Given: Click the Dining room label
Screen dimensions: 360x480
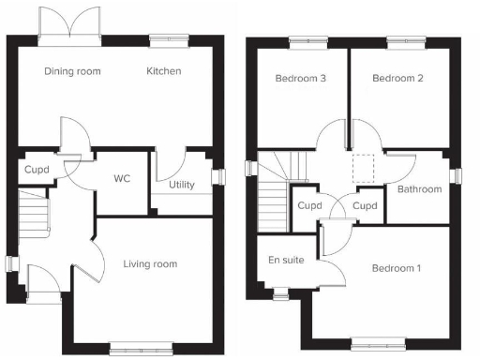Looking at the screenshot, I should click(x=72, y=71).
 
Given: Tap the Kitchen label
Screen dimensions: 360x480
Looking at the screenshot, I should click(x=163, y=71).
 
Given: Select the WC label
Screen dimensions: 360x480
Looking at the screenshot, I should click(x=121, y=177).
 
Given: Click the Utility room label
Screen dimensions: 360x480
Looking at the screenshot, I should click(x=182, y=185).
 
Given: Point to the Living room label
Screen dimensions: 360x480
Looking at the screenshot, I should click(x=150, y=264).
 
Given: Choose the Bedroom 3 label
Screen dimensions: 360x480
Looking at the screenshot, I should click(x=300, y=79).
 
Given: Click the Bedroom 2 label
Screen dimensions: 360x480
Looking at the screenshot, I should click(x=397, y=79).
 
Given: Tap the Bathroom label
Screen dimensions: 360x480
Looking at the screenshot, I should click(x=419, y=189).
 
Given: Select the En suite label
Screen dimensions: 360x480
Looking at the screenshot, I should click(x=286, y=260).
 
